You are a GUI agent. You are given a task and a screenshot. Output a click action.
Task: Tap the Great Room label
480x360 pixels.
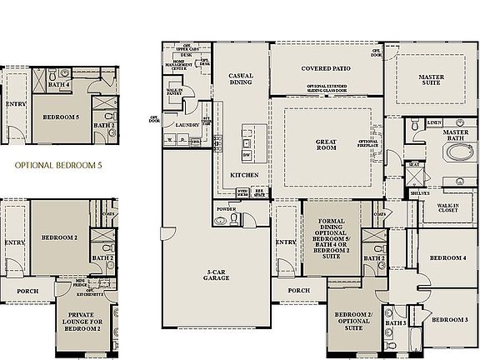[326, 147]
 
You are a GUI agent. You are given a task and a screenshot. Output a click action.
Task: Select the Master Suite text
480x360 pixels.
[431, 81]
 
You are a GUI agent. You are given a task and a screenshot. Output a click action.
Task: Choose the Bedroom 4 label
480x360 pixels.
[447, 258]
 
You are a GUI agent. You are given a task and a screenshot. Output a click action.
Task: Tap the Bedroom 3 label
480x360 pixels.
[450, 320]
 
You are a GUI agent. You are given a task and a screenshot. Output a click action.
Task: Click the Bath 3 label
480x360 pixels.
[395, 322]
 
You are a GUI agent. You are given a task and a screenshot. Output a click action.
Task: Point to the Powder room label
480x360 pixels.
[226, 208]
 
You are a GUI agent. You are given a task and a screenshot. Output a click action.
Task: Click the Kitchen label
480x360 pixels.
[243, 175]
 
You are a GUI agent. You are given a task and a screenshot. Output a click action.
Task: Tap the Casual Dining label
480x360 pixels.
[241, 79]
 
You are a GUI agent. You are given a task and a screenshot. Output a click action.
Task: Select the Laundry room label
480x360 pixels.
[187, 125]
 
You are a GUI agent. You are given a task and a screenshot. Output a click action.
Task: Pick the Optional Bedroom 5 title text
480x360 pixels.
[59, 166]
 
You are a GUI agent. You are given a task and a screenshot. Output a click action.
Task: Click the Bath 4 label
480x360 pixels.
[58, 84]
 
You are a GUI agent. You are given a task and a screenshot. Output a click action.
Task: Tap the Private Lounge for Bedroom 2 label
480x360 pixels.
[83, 321]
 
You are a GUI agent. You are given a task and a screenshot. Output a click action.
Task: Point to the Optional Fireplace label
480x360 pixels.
[368, 145]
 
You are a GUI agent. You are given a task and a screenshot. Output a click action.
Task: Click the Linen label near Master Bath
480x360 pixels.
[434, 122]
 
